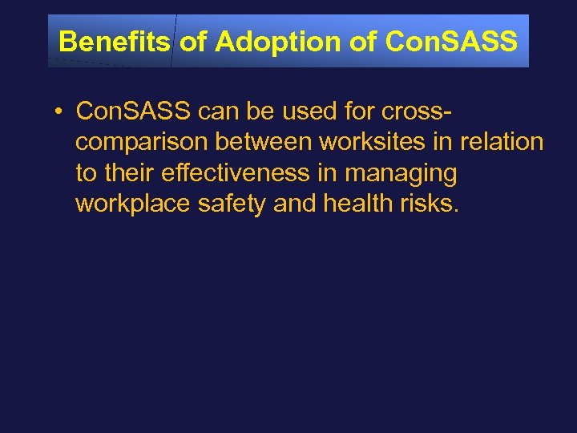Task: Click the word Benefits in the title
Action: pyautogui.click(x=115, y=42)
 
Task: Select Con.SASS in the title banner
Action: pyautogui.click(x=451, y=42)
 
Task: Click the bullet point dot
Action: pyautogui.click(x=60, y=111)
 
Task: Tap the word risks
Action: pyautogui.click(x=430, y=204)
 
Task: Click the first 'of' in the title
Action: pyautogui.click(x=192, y=42)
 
